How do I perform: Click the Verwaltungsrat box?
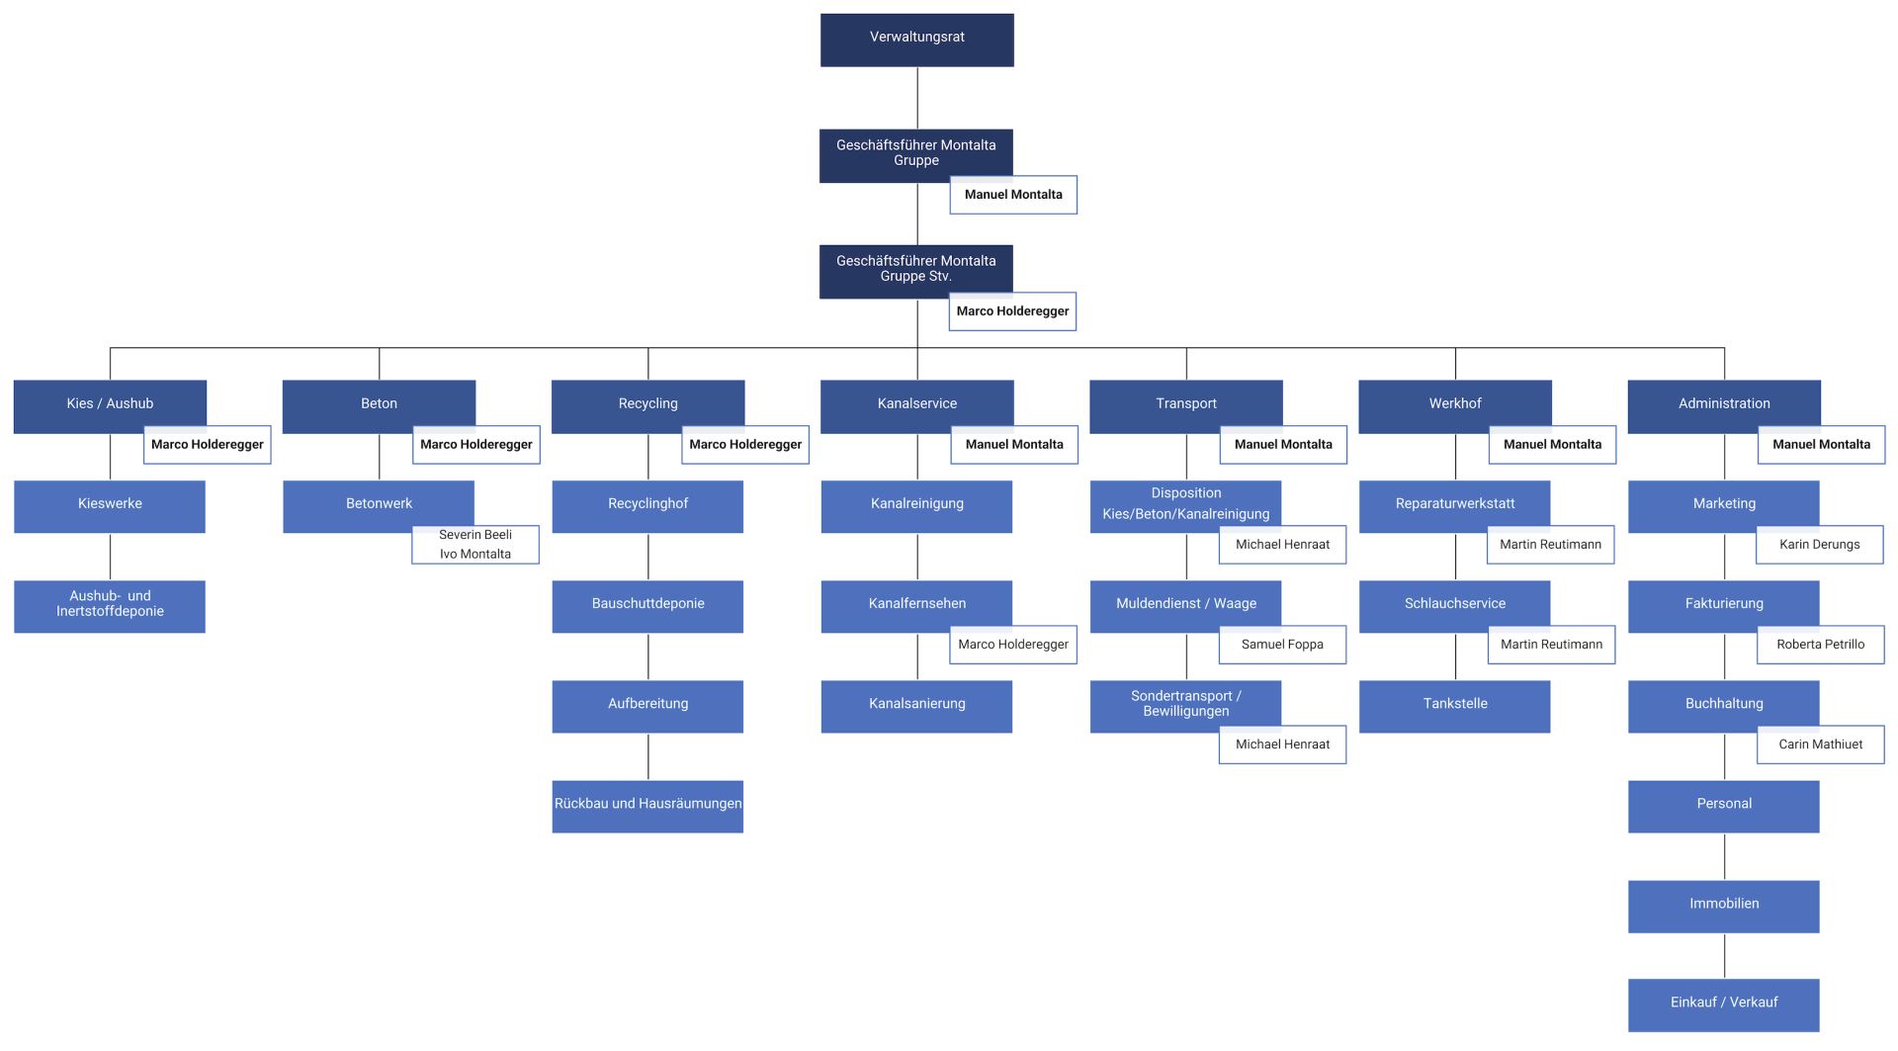(x=916, y=40)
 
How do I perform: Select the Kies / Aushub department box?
(x=110, y=406)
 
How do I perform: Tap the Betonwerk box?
(x=379, y=506)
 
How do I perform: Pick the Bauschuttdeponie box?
(x=647, y=606)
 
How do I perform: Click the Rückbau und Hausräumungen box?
(x=647, y=806)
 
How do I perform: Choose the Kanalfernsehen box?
(x=916, y=606)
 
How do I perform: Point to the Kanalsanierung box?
(x=916, y=706)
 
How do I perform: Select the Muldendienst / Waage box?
(x=1185, y=606)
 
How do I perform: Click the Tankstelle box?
(x=1454, y=706)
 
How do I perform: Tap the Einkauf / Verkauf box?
(x=1724, y=1005)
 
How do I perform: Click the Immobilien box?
(x=1724, y=906)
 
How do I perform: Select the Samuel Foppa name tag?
(x=1282, y=645)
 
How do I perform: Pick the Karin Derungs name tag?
(x=1820, y=545)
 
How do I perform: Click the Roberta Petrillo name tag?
(x=1821, y=645)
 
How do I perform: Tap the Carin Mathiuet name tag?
(x=1821, y=744)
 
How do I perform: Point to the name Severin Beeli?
(x=475, y=535)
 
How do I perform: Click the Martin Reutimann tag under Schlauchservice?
(x=1551, y=645)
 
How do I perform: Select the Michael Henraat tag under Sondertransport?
(x=1282, y=744)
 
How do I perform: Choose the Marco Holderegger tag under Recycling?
(x=745, y=445)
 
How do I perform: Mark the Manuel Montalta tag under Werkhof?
(x=1552, y=445)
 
